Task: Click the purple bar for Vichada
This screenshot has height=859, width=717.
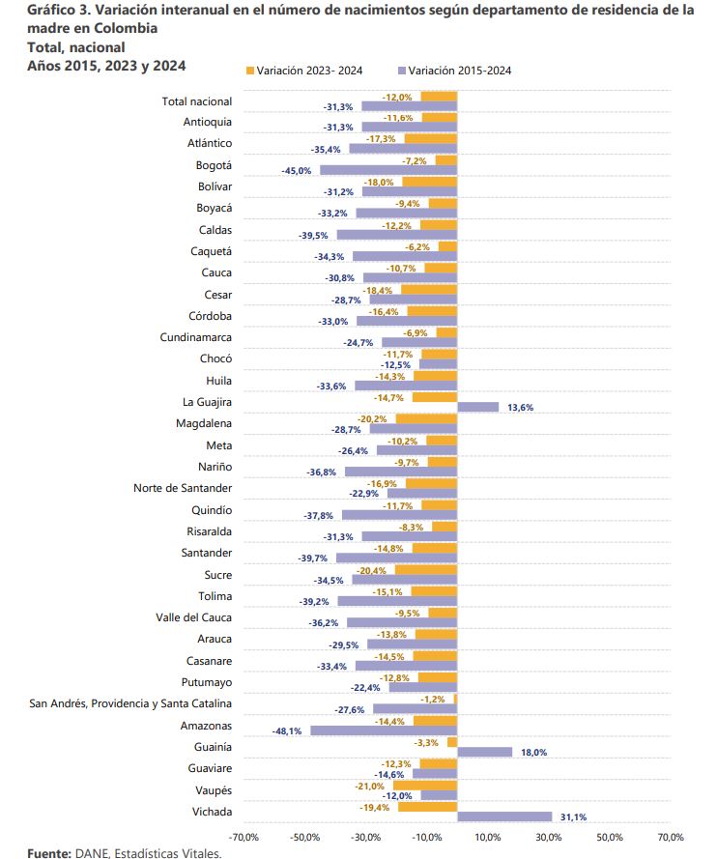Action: coord(503,816)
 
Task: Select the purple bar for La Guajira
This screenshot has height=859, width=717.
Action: coord(477,407)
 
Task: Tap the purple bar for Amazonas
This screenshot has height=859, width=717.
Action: coord(384,730)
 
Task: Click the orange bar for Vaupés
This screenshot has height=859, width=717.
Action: coord(424,785)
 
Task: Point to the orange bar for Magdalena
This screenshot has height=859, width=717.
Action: coord(425,418)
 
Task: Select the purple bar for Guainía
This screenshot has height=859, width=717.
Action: coord(484,752)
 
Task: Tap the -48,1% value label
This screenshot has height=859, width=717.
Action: coord(292,730)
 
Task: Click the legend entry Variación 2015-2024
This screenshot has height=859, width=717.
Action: coord(460,71)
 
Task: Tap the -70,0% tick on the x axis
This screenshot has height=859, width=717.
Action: coord(244,837)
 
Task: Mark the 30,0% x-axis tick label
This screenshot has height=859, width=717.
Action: coord(548,837)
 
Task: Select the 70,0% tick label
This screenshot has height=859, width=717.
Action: coord(670,837)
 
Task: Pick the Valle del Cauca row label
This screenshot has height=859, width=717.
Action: coord(194,617)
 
